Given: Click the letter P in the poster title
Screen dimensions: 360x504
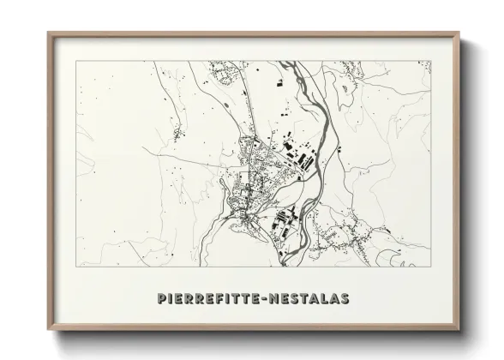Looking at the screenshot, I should coord(163,298).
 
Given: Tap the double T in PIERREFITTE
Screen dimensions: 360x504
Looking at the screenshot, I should coord(237,298).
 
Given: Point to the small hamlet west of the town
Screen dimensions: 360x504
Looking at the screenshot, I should coord(177,133).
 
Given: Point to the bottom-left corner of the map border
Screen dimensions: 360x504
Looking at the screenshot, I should coord(76,265).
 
